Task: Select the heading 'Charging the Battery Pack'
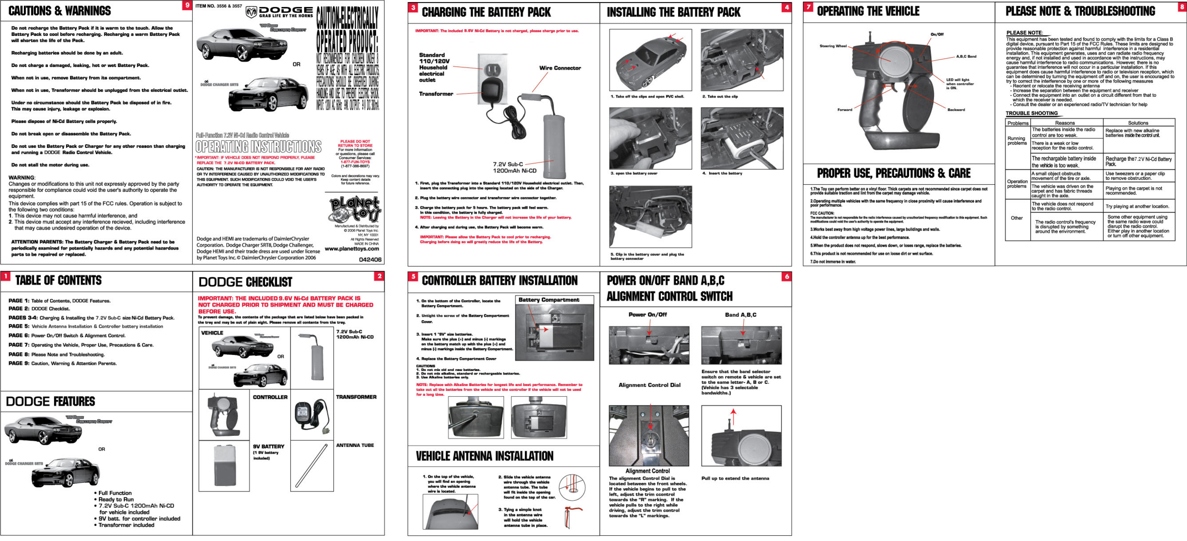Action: pyautogui.click(x=486, y=12)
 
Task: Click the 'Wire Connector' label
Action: pyautogui.click(x=560, y=68)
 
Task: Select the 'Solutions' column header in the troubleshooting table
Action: pyautogui.click(x=1138, y=123)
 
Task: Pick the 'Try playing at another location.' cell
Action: pyautogui.click(x=1137, y=207)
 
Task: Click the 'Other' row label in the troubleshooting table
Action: pyautogui.click(x=1016, y=218)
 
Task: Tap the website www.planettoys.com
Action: pyautogui.click(x=351, y=249)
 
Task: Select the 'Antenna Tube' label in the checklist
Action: pyautogui.click(x=355, y=445)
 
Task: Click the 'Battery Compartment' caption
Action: pyautogui.click(x=549, y=300)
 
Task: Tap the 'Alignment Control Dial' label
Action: pyautogui.click(x=649, y=385)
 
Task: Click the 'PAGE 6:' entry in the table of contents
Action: pyautogui.click(x=19, y=336)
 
